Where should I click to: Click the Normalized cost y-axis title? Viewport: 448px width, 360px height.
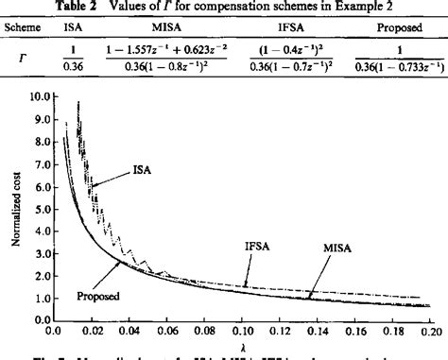[14, 208]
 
